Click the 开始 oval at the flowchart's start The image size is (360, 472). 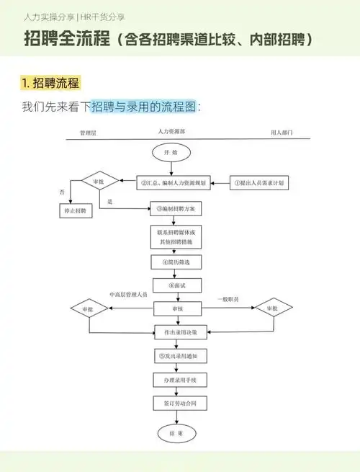click(171, 152)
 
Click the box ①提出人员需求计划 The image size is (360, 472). click(259, 183)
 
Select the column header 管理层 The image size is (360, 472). click(89, 133)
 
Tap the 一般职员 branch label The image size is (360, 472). click(229, 298)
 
